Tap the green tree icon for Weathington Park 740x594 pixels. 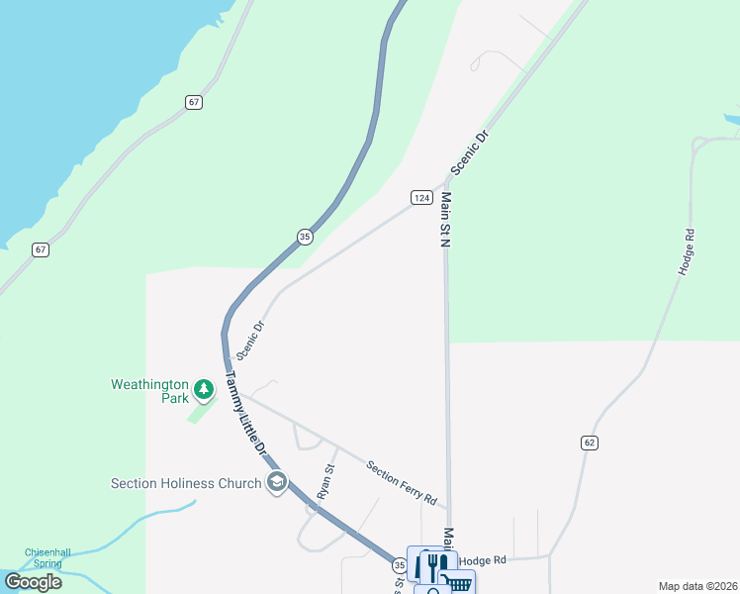point(204,389)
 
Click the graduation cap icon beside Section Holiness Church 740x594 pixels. point(277,482)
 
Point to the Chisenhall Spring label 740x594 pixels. point(45,557)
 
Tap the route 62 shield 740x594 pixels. point(590,443)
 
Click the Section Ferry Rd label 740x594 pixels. point(402,483)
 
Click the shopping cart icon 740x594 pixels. point(458,583)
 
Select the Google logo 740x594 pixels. point(33,582)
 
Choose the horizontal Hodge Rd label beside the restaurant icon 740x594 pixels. point(483,560)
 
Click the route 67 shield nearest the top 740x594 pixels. point(194,102)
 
